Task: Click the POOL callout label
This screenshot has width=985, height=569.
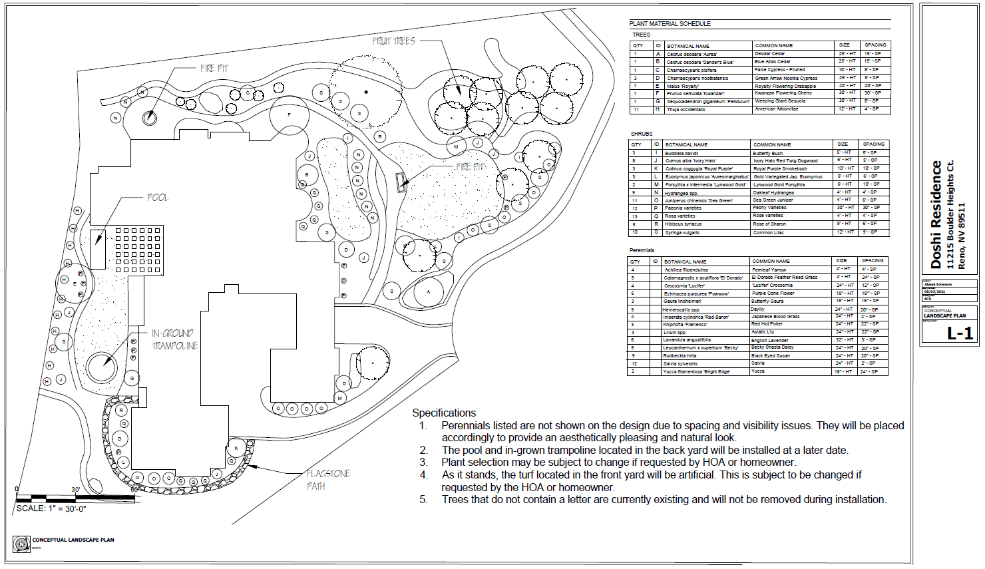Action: click(158, 198)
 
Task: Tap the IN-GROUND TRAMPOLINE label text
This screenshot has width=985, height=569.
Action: click(174, 339)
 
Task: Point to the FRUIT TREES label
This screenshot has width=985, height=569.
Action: click(393, 41)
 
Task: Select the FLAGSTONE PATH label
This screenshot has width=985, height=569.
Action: click(328, 480)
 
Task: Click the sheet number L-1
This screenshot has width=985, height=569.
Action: click(960, 333)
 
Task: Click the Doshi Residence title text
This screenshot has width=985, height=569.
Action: click(936, 214)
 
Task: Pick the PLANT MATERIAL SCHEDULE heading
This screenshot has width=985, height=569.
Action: click(670, 24)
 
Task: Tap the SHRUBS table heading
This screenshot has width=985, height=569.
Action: click(642, 134)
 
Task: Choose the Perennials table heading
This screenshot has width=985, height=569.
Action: click(642, 250)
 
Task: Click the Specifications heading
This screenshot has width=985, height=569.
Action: click(444, 413)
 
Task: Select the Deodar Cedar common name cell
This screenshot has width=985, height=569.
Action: click(769, 54)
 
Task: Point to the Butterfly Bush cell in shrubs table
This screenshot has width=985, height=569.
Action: click(767, 153)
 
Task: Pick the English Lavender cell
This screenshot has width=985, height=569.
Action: click(769, 340)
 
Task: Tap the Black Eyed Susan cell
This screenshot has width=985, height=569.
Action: click(771, 355)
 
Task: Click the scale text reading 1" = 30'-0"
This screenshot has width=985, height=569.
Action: click(51, 508)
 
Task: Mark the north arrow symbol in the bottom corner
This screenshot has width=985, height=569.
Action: click(22, 544)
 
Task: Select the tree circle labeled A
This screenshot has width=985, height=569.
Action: click(429, 291)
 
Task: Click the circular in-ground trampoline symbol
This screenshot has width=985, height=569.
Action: click(101, 366)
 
